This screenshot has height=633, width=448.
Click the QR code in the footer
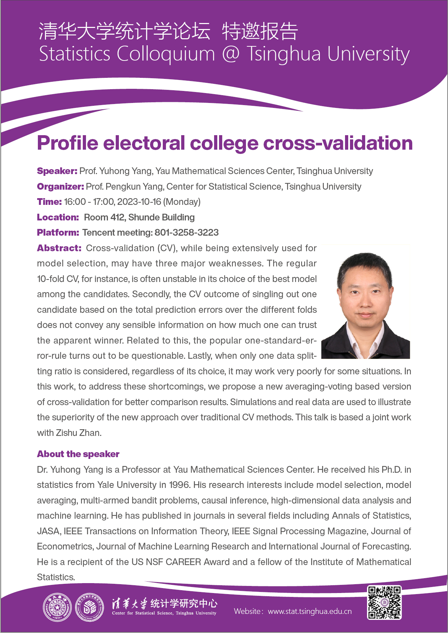pyautogui.click(x=384, y=602)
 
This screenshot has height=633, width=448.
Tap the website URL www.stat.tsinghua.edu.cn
pyautogui.click(x=310, y=611)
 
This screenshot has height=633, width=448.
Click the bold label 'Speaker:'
pyautogui.click(x=57, y=171)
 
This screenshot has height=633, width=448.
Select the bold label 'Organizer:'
pyautogui.click(x=60, y=186)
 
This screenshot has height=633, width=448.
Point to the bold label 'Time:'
pyautogui.click(x=49, y=202)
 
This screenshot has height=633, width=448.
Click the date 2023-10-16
pyautogui.click(x=139, y=202)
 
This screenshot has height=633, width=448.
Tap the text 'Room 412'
pyautogui.click(x=104, y=217)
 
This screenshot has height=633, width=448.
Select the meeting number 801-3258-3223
pyautogui.click(x=186, y=233)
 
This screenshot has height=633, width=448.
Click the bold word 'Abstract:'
pyautogui.click(x=59, y=248)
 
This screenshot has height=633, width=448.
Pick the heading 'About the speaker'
pyautogui.click(x=78, y=454)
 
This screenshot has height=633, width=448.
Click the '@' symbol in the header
pyautogui.click(x=231, y=54)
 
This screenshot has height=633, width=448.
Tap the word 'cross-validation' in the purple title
pyautogui.click(x=338, y=143)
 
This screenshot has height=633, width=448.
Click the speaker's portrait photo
pyautogui.click(x=366, y=301)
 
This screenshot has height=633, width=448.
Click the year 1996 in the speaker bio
pyautogui.click(x=179, y=485)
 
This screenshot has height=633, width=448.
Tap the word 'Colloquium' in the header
pyautogui.click(x=166, y=54)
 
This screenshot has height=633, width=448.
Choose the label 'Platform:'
pyautogui.click(x=58, y=233)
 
